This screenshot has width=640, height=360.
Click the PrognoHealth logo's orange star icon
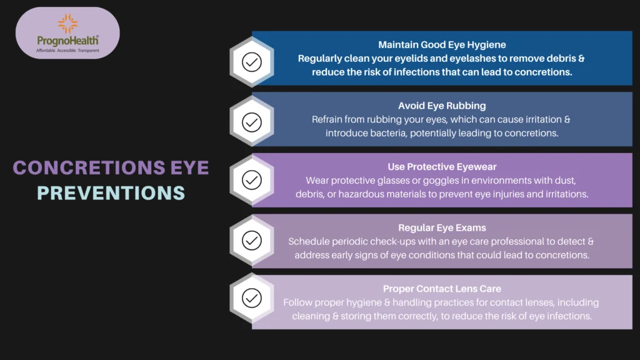67,24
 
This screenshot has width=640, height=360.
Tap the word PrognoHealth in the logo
67,41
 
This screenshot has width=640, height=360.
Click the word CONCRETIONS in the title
89,167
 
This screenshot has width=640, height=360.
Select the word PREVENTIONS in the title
111,193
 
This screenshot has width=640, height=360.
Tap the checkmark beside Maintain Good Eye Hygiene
252,62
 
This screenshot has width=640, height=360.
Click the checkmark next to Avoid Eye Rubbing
252,122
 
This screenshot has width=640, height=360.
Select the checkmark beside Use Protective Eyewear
252,180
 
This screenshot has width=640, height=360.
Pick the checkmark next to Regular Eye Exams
252,241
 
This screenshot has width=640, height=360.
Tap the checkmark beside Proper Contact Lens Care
252,298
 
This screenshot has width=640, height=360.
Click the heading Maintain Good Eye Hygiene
442,45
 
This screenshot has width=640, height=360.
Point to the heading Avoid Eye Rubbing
442,106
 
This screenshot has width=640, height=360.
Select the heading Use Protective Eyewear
442,167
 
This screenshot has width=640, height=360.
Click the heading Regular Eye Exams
442,227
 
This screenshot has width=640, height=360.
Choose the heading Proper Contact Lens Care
442,289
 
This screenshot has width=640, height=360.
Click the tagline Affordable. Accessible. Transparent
67,51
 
